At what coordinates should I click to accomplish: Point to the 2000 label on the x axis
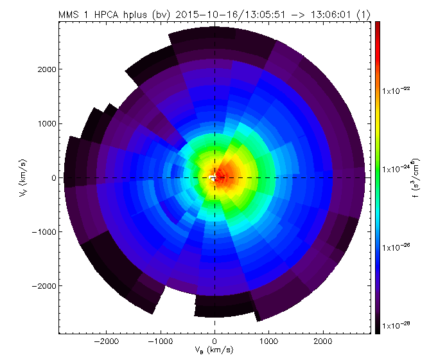point(322,341)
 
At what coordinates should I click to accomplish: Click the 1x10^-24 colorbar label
point(397,169)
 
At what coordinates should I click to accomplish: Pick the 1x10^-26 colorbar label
point(397,248)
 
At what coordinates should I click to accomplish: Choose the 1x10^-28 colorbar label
point(397,327)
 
